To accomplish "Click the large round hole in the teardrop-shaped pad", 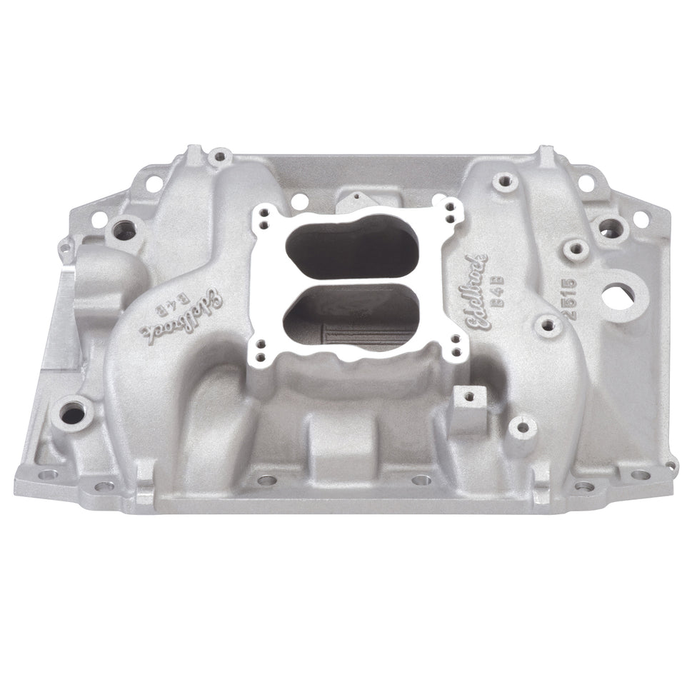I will tap(618, 296).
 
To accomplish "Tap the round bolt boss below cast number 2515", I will tap(547, 326).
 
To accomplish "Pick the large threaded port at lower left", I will tap(73, 413).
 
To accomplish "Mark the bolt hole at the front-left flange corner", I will tap(47, 473).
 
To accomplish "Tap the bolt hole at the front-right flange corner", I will tap(641, 474).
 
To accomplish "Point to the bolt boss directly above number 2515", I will tap(574, 249).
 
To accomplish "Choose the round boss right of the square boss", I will tap(522, 428).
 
